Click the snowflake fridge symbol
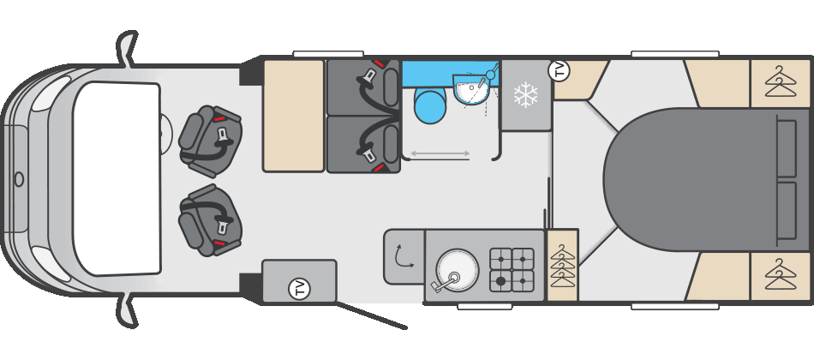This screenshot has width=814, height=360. (x=525, y=94)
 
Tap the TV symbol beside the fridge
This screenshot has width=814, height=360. (x=560, y=70)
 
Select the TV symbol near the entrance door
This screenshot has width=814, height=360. (x=299, y=289)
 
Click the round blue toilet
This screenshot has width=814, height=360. (x=429, y=106)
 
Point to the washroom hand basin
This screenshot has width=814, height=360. (x=471, y=88)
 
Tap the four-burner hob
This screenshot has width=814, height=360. (x=512, y=270)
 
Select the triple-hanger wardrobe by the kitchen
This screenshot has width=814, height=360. (x=563, y=265)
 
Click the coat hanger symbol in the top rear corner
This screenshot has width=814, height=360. (x=781, y=84)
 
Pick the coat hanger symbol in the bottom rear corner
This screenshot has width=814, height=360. (x=781, y=276)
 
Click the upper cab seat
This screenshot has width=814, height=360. (x=210, y=141)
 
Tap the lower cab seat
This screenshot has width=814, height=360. (x=209, y=220)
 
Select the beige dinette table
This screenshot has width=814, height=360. (x=294, y=116)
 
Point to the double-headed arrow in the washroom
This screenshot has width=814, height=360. (x=440, y=153)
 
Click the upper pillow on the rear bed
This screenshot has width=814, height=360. (x=786, y=148)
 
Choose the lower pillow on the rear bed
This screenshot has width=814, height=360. (x=786, y=210)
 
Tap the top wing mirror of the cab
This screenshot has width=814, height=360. (x=128, y=48)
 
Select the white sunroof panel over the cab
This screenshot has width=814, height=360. (x=117, y=178)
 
